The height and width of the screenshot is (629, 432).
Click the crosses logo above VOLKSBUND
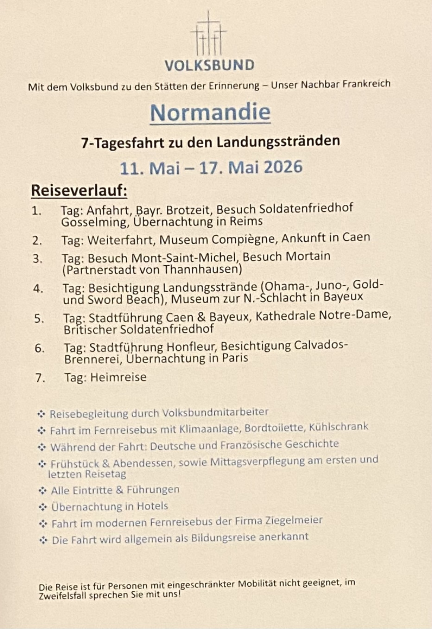(x=209, y=35)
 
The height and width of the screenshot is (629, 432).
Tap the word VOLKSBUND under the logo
(x=210, y=65)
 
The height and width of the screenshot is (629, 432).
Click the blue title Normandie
(x=210, y=112)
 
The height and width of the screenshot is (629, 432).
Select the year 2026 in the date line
(x=283, y=167)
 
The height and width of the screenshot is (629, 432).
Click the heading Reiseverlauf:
(x=79, y=190)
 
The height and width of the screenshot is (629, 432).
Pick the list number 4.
(x=38, y=289)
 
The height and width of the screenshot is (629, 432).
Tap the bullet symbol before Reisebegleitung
(x=41, y=414)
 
